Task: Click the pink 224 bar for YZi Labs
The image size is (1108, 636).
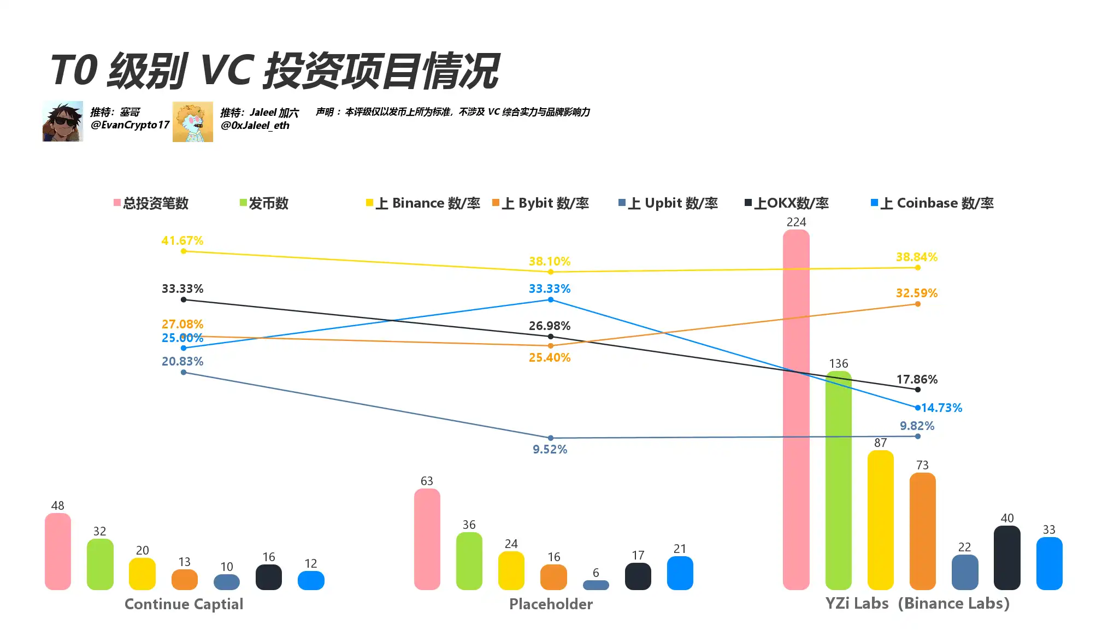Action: point(796,410)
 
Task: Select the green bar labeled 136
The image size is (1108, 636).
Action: point(838,481)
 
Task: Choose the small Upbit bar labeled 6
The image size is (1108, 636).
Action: point(596,585)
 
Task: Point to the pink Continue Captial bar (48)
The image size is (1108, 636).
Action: point(57,551)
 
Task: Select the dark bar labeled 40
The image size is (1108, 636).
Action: point(1007,558)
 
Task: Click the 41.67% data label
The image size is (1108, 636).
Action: point(182,240)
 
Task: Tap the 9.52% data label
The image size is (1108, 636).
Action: point(550,449)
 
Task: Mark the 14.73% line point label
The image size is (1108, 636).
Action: point(941,408)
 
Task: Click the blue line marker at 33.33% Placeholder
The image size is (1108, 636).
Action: point(551,300)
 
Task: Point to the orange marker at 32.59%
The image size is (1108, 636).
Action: point(918,304)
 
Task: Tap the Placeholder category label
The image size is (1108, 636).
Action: point(551,604)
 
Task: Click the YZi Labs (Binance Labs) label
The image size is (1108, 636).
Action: point(917,603)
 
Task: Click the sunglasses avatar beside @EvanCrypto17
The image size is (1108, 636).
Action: point(63,121)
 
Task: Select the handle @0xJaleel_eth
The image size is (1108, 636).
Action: point(255,126)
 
